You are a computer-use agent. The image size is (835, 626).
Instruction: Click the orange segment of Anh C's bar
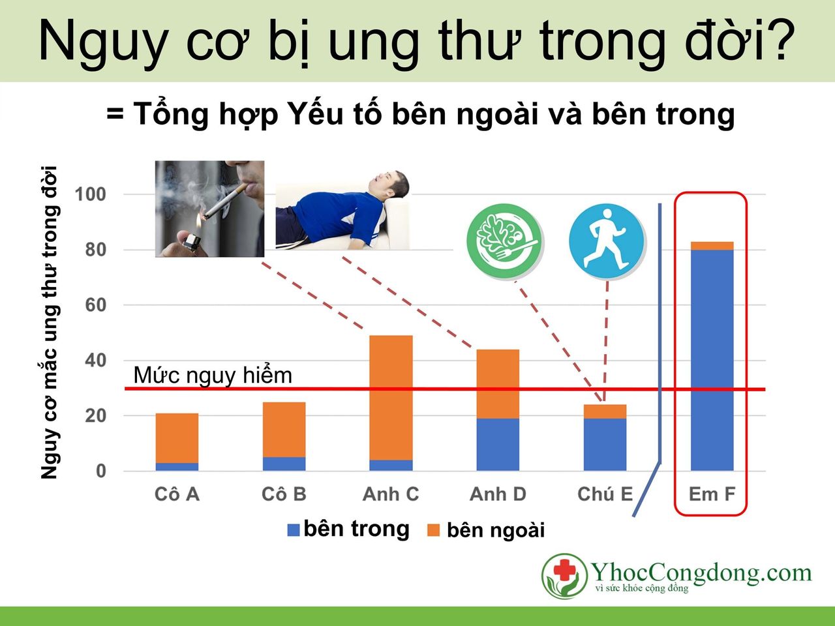391,398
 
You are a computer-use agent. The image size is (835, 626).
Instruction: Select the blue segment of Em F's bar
712,359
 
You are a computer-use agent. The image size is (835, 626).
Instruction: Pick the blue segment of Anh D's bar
498,444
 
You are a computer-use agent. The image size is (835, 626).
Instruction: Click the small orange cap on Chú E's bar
605,411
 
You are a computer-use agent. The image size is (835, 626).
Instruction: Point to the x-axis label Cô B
284,494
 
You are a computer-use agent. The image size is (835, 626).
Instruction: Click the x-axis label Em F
712,494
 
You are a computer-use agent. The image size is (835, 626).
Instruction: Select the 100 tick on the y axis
90,194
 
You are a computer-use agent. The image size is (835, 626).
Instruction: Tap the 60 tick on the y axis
95,305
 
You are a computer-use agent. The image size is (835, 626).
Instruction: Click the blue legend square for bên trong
294,530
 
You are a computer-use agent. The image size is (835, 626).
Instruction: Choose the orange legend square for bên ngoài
433,530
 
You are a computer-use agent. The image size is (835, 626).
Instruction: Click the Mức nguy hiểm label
213,376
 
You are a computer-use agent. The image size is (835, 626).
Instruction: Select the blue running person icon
607,239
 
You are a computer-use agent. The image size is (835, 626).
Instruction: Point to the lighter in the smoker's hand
190,243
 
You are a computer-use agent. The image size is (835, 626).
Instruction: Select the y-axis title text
50,323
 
